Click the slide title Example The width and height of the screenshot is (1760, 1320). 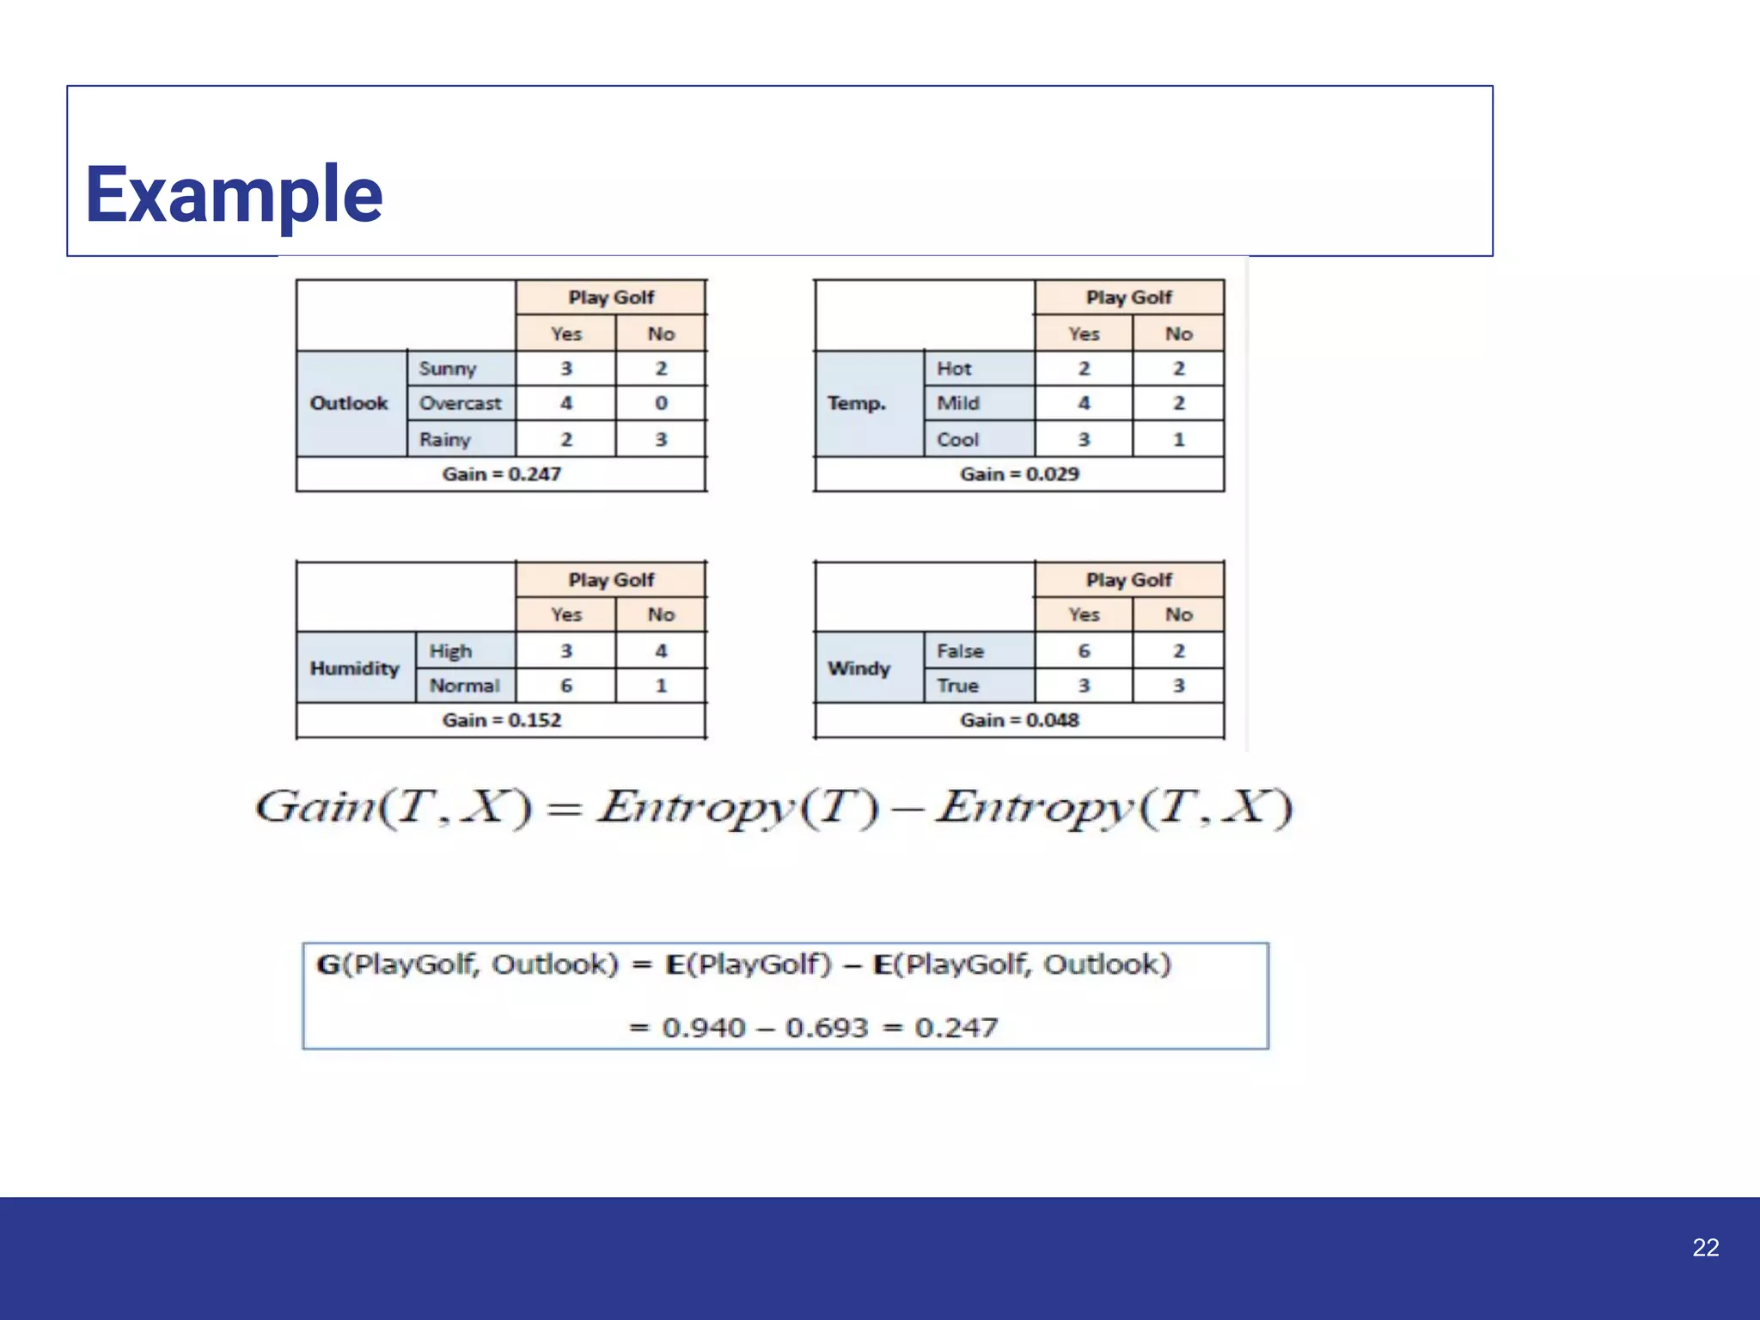click(x=234, y=195)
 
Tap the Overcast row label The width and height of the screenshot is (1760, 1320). click(x=460, y=403)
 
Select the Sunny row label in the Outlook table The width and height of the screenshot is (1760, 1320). click(x=447, y=369)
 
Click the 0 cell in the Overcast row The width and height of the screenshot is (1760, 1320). click(x=661, y=403)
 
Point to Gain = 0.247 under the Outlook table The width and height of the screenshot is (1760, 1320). click(x=501, y=474)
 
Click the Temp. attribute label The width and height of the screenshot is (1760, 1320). click(x=856, y=403)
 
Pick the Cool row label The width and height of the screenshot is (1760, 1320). click(x=957, y=440)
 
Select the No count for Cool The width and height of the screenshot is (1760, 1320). click(x=1179, y=440)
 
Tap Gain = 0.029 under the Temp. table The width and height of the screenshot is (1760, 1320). click(x=1019, y=474)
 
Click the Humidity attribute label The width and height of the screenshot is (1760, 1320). click(x=354, y=669)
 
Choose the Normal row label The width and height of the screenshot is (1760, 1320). click(x=464, y=686)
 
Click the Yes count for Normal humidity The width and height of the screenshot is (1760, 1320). click(x=566, y=686)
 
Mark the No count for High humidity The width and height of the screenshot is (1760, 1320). click(x=661, y=651)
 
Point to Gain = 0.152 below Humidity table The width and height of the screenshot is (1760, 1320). click(x=501, y=720)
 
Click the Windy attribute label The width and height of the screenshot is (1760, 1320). click(x=859, y=669)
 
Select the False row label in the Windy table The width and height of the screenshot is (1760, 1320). click(x=960, y=651)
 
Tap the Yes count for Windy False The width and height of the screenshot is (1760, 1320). click(x=1084, y=651)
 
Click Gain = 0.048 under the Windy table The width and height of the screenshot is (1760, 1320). click(x=1019, y=720)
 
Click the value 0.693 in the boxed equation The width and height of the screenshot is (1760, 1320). click(x=827, y=1028)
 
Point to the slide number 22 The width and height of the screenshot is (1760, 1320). click(x=1705, y=1248)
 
